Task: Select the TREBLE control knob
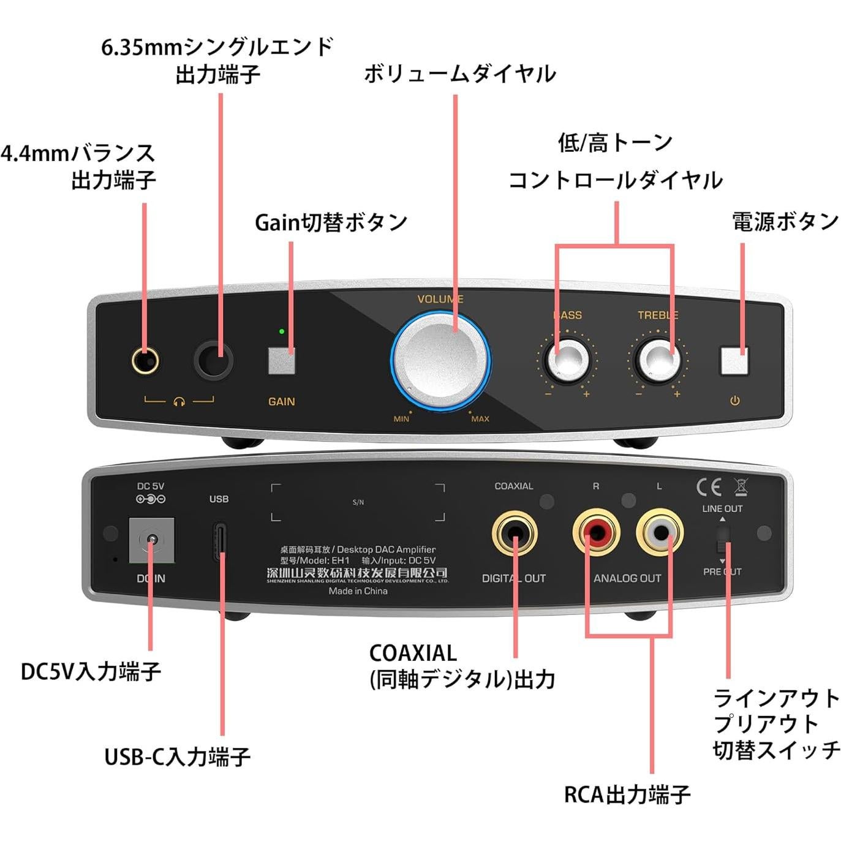[658, 360]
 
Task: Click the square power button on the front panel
[734, 361]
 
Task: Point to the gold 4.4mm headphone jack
[145, 361]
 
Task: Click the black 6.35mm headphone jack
[214, 360]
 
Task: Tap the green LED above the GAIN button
[281, 331]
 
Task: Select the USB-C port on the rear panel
[220, 541]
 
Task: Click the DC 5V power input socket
[151, 540]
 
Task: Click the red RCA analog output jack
[595, 532]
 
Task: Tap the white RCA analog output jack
[660, 532]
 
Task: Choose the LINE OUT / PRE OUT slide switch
[723, 539]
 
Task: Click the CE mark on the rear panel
[709, 487]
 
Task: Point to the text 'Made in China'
[358, 591]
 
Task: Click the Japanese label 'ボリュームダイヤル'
[459, 74]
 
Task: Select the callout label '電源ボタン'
[785, 221]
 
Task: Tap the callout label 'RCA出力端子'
[627, 794]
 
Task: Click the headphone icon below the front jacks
[179, 401]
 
